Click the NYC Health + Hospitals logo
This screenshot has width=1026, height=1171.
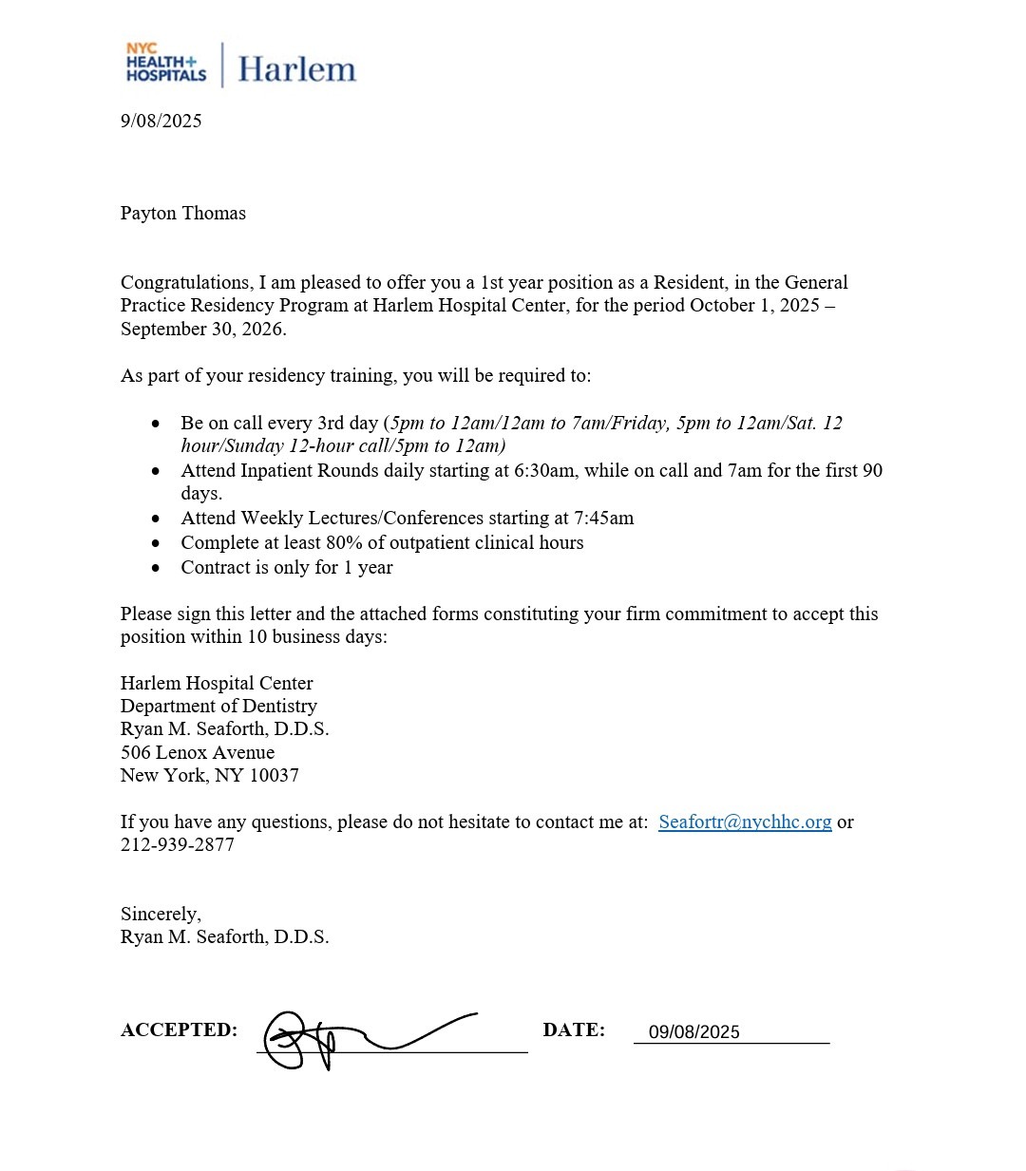(x=165, y=63)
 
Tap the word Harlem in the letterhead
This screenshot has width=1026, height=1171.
(x=296, y=69)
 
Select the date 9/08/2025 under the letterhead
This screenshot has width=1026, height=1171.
(x=161, y=121)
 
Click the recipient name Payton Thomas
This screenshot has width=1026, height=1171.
(x=182, y=213)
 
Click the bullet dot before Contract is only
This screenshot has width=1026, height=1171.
(x=156, y=568)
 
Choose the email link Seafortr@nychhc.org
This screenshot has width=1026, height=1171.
(x=745, y=822)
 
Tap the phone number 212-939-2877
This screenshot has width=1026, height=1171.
(x=177, y=844)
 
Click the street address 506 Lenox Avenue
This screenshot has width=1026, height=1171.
(x=197, y=752)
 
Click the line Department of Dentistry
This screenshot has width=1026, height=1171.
(x=218, y=706)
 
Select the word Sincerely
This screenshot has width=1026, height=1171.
(x=160, y=914)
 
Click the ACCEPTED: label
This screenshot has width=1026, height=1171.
(x=179, y=1029)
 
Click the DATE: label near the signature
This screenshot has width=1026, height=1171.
(x=574, y=1029)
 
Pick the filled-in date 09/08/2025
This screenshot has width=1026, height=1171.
(x=693, y=1032)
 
